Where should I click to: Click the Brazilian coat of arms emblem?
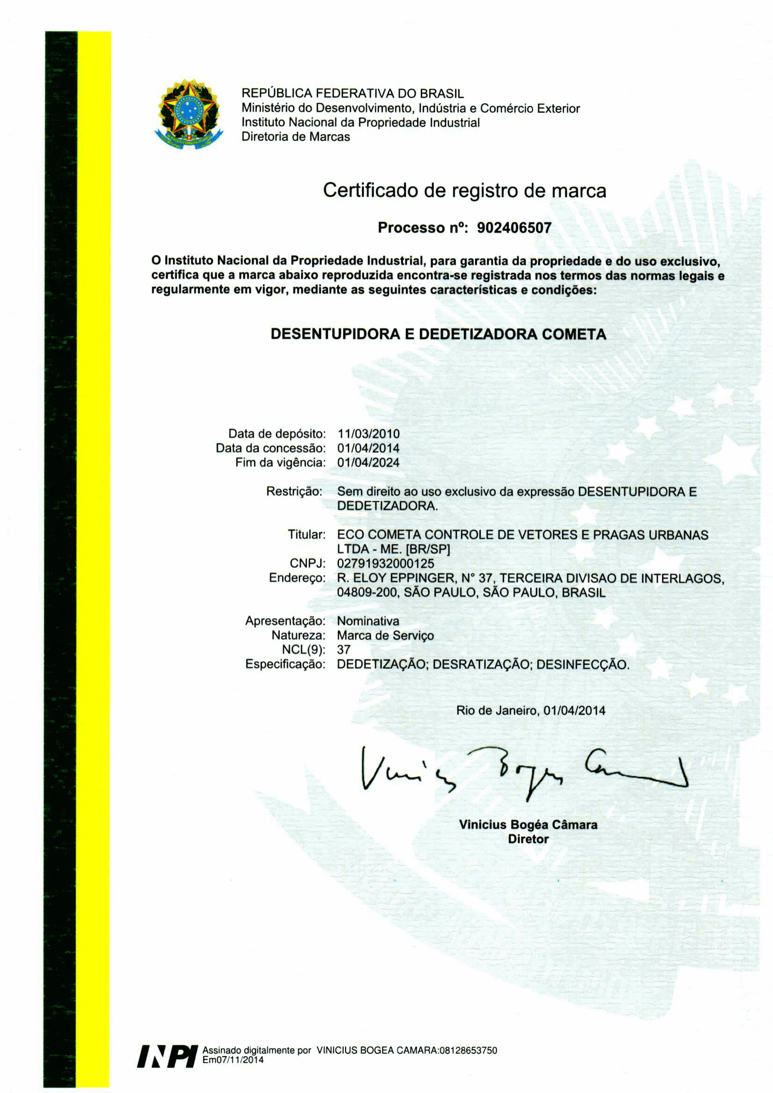(x=189, y=114)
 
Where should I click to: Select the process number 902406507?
(x=514, y=228)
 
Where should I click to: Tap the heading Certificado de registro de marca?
(x=464, y=190)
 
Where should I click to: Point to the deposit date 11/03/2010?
(x=368, y=434)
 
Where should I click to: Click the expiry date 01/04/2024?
(x=368, y=462)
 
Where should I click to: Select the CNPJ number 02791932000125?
(x=385, y=564)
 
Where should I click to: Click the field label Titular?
(x=307, y=535)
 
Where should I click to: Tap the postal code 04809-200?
(x=367, y=593)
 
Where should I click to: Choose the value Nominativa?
(x=368, y=621)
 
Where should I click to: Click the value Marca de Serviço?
(x=385, y=636)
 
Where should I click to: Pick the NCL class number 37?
(x=344, y=650)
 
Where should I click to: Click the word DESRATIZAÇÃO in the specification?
(x=481, y=665)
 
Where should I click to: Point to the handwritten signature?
(x=524, y=771)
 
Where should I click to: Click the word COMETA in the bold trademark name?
(x=574, y=334)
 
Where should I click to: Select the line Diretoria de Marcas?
(x=296, y=137)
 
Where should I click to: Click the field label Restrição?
(x=294, y=491)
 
